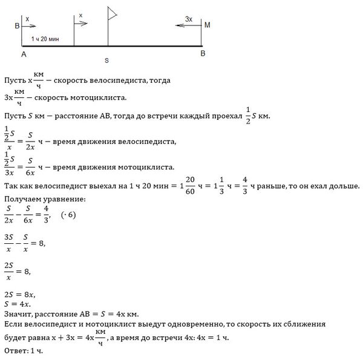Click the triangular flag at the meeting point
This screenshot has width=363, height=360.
(112, 13)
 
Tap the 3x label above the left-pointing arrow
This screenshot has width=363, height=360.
(188, 19)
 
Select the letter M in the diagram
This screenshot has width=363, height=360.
(208, 25)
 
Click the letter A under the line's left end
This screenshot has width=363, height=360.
(23, 54)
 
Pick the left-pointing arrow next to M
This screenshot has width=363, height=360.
(186, 25)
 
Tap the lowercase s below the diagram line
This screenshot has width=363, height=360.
(106, 61)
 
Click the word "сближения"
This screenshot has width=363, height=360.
(306, 325)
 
